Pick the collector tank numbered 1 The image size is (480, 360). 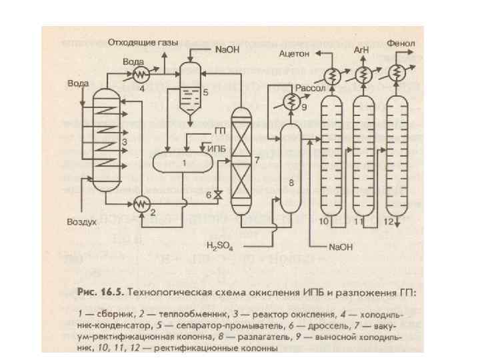click(183, 163)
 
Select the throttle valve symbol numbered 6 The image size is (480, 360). click(218, 195)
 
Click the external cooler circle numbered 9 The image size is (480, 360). click(291, 101)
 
